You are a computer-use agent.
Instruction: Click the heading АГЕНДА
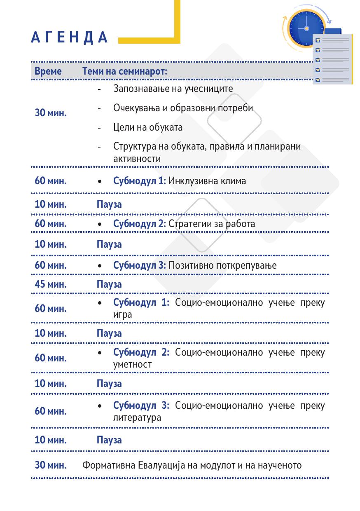point(69,37)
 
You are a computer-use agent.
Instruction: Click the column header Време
point(48,71)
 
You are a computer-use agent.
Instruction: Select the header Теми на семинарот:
point(125,71)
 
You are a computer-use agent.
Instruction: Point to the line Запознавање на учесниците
point(173,89)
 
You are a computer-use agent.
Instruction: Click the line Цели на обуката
point(148,127)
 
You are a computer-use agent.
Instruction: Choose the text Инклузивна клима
point(207,181)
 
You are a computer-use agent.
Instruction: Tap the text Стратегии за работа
point(212,224)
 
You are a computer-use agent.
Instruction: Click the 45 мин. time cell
point(50,284)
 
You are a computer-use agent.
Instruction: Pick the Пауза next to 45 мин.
point(109,284)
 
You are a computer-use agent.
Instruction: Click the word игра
point(122,314)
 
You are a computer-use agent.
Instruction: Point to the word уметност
point(132,364)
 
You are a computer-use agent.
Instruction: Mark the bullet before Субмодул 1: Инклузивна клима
point(101,181)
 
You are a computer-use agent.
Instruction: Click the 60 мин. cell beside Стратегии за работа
point(50,224)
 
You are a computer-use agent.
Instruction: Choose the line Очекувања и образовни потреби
point(183,108)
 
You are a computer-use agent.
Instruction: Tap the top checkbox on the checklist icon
point(318,40)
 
